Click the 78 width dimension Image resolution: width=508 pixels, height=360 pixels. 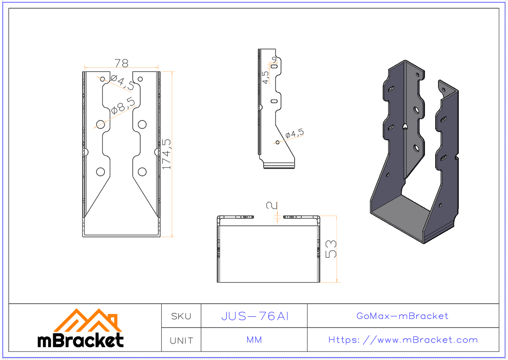(x=121, y=63)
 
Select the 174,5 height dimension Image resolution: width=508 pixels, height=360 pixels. (x=167, y=154)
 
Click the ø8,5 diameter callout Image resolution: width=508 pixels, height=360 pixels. (x=123, y=106)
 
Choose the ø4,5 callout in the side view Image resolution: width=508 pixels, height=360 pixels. (x=295, y=134)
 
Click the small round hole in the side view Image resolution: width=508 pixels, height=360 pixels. (x=277, y=142)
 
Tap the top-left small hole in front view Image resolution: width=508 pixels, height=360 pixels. (x=102, y=79)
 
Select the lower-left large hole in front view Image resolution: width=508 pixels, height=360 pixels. (x=100, y=172)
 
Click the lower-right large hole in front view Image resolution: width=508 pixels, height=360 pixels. (x=142, y=172)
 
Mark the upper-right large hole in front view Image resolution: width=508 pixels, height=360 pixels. (x=142, y=124)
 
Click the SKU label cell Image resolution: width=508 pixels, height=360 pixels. (x=181, y=316)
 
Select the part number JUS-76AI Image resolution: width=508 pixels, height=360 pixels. (x=254, y=316)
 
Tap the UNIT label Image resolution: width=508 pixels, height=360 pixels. (x=181, y=341)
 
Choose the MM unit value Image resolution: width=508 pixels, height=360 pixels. (x=254, y=340)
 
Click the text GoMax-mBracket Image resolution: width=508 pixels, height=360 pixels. (x=402, y=316)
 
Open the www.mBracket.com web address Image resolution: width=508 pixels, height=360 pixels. (x=403, y=340)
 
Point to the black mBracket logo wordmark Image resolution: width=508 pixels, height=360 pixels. (x=80, y=340)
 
